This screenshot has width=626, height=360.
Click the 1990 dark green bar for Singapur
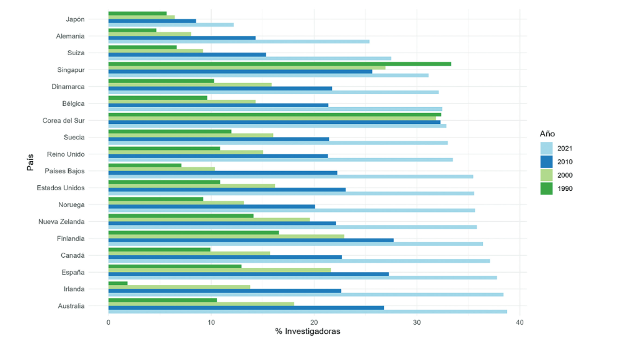coord(279,64)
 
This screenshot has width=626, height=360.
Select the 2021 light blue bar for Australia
coord(307,312)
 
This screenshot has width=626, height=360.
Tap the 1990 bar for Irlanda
coord(118,283)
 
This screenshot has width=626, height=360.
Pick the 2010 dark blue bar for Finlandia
coord(251,240)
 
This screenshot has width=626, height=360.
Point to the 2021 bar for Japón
coord(171,25)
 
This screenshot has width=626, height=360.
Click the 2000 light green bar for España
coord(219,270)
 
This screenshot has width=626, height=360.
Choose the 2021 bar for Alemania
coord(238,42)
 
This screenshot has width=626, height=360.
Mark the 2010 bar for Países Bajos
coord(223,173)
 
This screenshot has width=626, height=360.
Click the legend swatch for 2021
coord(546,148)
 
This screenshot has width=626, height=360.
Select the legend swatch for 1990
coord(546,188)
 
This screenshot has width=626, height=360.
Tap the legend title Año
coord(547,133)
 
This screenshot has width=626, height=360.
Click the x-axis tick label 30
coord(417,323)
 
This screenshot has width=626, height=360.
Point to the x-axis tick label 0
coord(108,323)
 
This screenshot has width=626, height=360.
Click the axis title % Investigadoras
coord(308,332)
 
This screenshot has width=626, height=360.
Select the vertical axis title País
coord(30,162)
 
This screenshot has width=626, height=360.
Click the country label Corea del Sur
coord(63,120)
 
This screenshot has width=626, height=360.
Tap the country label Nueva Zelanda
coord(61,221)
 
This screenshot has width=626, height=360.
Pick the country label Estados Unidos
coord(61,188)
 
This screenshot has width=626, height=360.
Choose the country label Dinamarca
coord(68,87)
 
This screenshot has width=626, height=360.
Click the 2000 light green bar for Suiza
coord(155,51)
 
